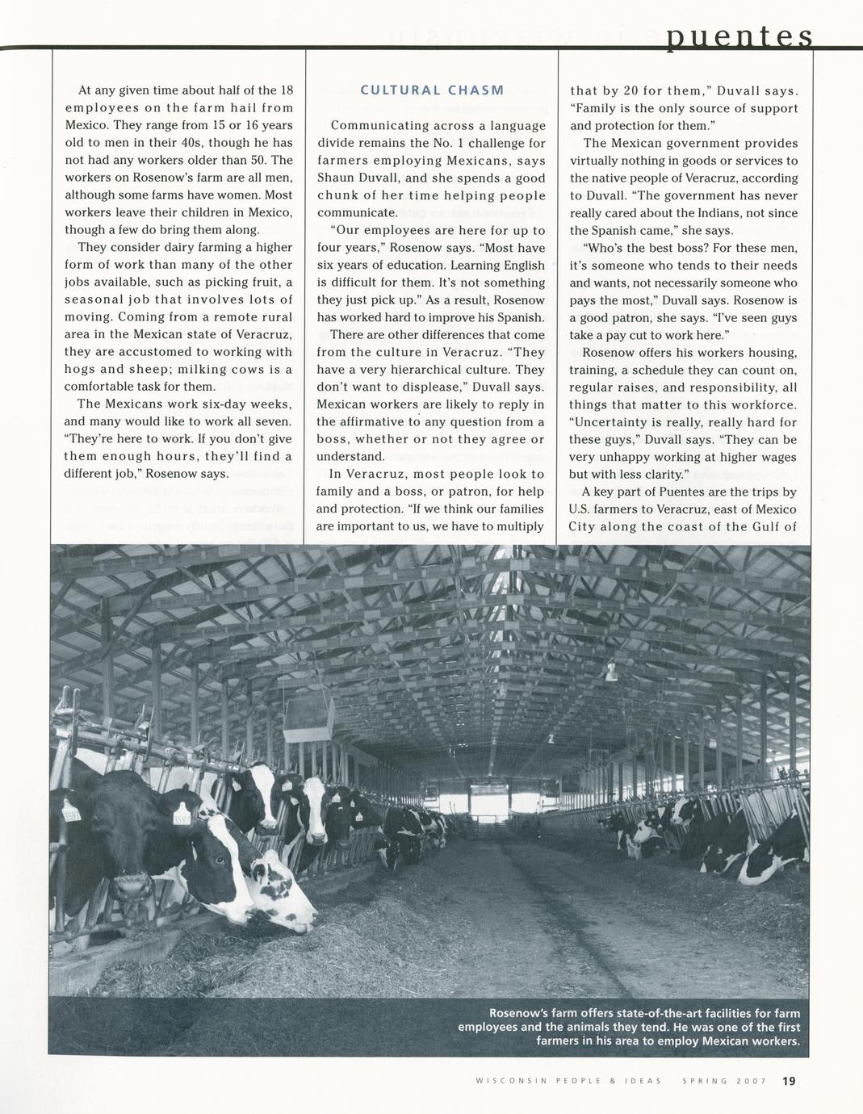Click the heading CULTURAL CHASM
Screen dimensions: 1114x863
(x=432, y=90)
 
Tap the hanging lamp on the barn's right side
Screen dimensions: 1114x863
(x=611, y=672)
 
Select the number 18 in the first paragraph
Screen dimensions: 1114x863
(x=286, y=90)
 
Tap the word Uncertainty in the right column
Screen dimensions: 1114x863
(x=610, y=422)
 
